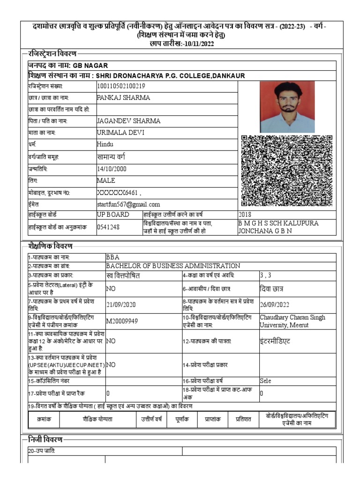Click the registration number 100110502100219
[x=120, y=86]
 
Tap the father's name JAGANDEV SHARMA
[x=128, y=121]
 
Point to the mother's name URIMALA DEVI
[x=120, y=133]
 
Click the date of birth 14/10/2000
[x=112, y=169]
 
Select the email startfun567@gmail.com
[x=128, y=204]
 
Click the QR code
[x=287, y=171]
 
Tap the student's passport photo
[x=287, y=106]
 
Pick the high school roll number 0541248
[x=108, y=227]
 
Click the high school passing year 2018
[x=245, y=214]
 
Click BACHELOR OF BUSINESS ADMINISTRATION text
[x=173, y=266]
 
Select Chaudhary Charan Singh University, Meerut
[x=292, y=321]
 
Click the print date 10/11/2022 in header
[x=197, y=43]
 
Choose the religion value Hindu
[x=105, y=144]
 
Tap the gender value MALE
[x=105, y=180]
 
